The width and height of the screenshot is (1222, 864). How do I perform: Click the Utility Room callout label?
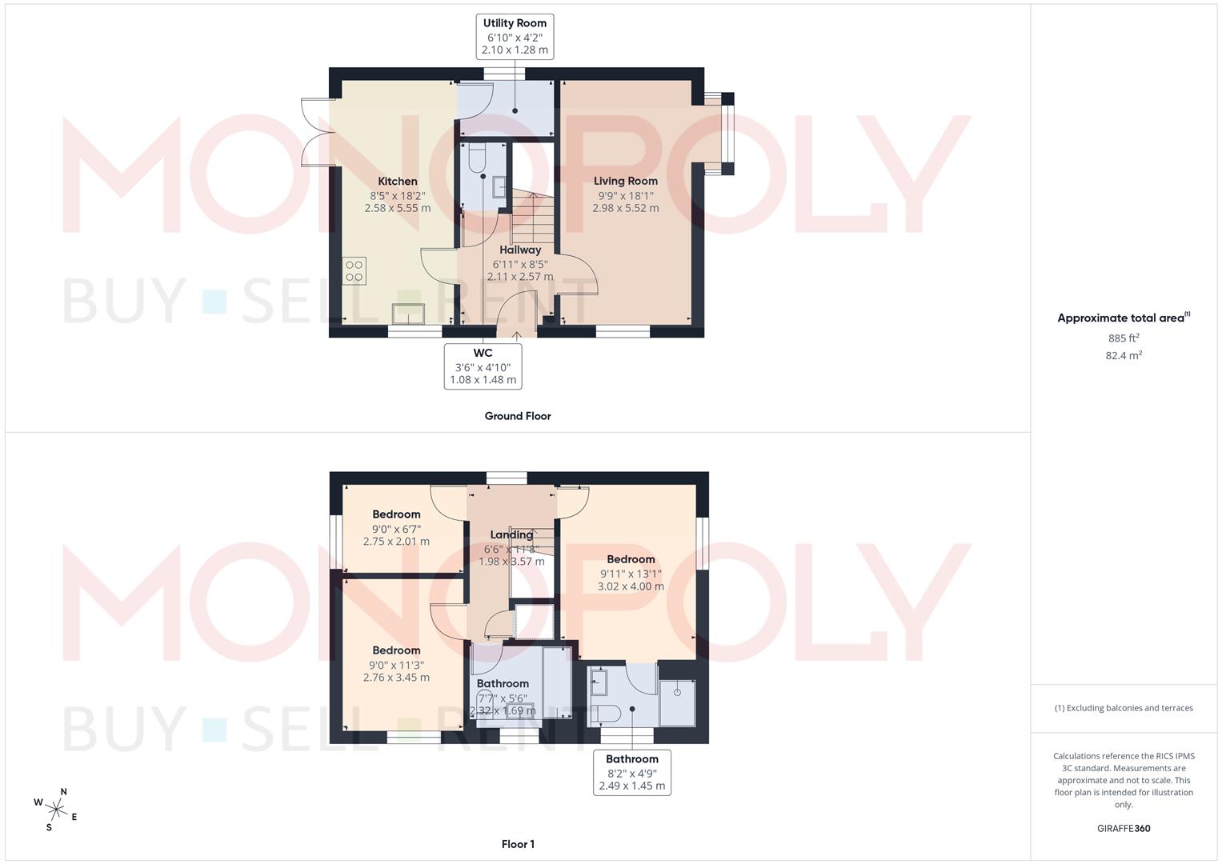point(515,36)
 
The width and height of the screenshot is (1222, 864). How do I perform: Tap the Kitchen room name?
point(398,182)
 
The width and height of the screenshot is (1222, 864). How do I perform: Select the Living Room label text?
point(625,182)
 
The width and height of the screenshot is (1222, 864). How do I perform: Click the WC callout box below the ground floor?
point(483,366)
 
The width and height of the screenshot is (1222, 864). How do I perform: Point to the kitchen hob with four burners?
point(354,270)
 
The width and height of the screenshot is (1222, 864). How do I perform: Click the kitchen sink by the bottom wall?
point(410,314)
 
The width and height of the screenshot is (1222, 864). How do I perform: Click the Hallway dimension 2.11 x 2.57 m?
point(519,277)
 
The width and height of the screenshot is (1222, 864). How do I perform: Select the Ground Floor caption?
point(518,416)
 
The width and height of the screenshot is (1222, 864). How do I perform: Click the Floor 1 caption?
point(518,844)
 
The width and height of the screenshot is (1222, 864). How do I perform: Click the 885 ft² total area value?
point(1124,338)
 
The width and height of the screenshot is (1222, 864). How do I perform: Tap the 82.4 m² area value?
point(1124,355)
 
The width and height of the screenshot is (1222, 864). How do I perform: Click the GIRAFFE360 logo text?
point(1124,829)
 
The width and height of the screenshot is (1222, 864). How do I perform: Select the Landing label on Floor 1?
point(511,535)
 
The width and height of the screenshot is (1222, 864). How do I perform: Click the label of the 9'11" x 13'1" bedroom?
point(631,560)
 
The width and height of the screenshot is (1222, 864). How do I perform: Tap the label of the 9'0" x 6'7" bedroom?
point(396,514)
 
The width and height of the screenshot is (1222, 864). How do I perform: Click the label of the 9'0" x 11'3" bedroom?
point(396,650)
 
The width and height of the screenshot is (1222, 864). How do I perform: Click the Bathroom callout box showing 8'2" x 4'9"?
point(631,772)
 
